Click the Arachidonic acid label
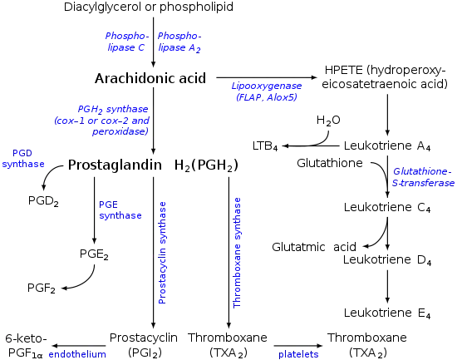[150, 78]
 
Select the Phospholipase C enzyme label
[127, 42]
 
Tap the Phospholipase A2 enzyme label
[179, 42]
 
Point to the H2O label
[328, 121]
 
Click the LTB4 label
[265, 145]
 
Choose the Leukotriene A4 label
[387, 145]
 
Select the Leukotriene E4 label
[387, 313]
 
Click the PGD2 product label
[43, 200]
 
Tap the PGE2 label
[94, 254]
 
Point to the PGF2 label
[42, 288]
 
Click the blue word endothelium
[77, 354]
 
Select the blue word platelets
[298, 354]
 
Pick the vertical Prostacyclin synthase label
[162, 253]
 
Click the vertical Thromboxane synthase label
[237, 253]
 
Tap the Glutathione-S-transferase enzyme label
[423, 177]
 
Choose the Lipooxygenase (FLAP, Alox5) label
[267, 91]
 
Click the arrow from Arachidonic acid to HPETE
[267, 77]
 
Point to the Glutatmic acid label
[314, 247]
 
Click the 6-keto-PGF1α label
[26, 346]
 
